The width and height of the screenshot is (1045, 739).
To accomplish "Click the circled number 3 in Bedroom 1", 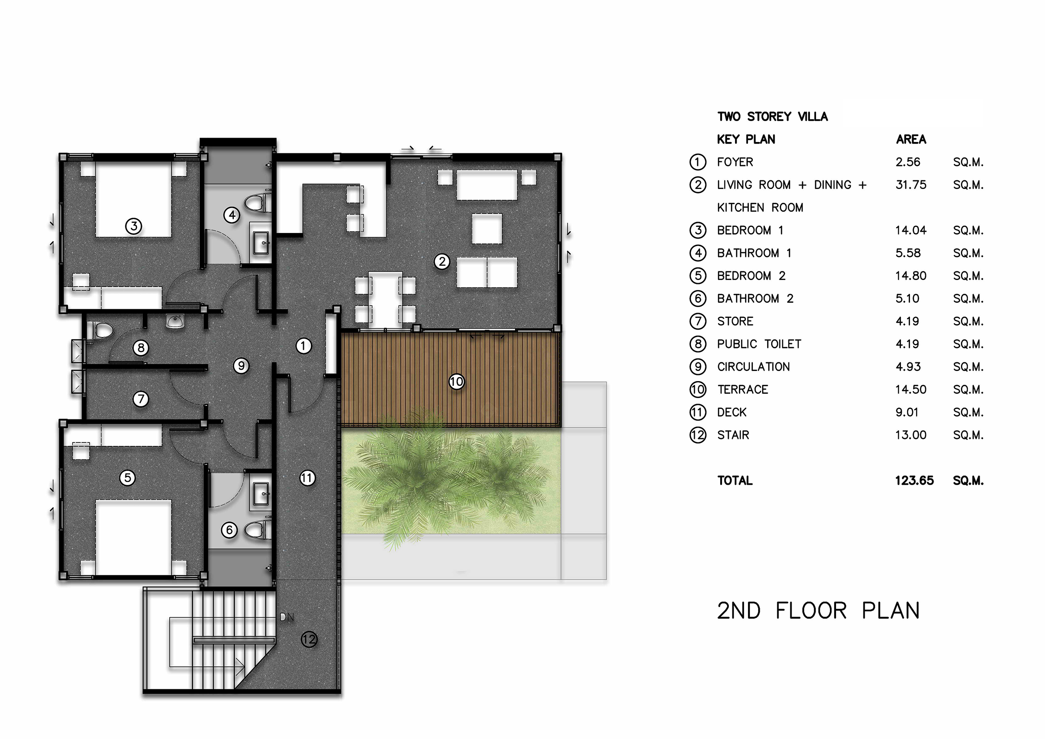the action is [134, 226].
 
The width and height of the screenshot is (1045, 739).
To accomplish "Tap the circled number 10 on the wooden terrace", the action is [456, 381].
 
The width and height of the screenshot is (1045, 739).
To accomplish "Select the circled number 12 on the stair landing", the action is [309, 640].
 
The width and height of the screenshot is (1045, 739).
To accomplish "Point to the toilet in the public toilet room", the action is [99, 330].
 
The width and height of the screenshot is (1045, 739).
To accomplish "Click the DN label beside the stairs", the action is [287, 618].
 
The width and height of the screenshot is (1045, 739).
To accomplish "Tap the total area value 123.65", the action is [914, 480].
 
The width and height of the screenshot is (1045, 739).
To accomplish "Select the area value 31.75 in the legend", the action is [911, 185].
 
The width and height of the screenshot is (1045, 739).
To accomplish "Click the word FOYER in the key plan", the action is [735, 162].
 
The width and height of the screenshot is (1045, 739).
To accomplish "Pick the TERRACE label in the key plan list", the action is [743, 390].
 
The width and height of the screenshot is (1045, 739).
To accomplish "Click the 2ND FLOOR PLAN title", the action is [818, 611].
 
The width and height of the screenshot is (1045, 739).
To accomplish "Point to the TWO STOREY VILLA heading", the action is [772, 117].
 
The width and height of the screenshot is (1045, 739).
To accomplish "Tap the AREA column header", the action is [911, 139].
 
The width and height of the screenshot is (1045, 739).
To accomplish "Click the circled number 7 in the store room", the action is [141, 399].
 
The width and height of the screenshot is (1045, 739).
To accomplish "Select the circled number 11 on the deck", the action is [307, 478].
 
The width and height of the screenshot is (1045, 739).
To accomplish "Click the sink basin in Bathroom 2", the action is [261, 493].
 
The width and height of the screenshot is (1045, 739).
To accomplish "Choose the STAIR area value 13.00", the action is [911, 435].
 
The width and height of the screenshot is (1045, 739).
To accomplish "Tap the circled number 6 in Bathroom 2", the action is [229, 530].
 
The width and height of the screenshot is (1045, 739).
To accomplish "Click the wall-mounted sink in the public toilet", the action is [175, 321].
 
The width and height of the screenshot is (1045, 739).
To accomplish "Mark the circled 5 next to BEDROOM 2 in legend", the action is [698, 276].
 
